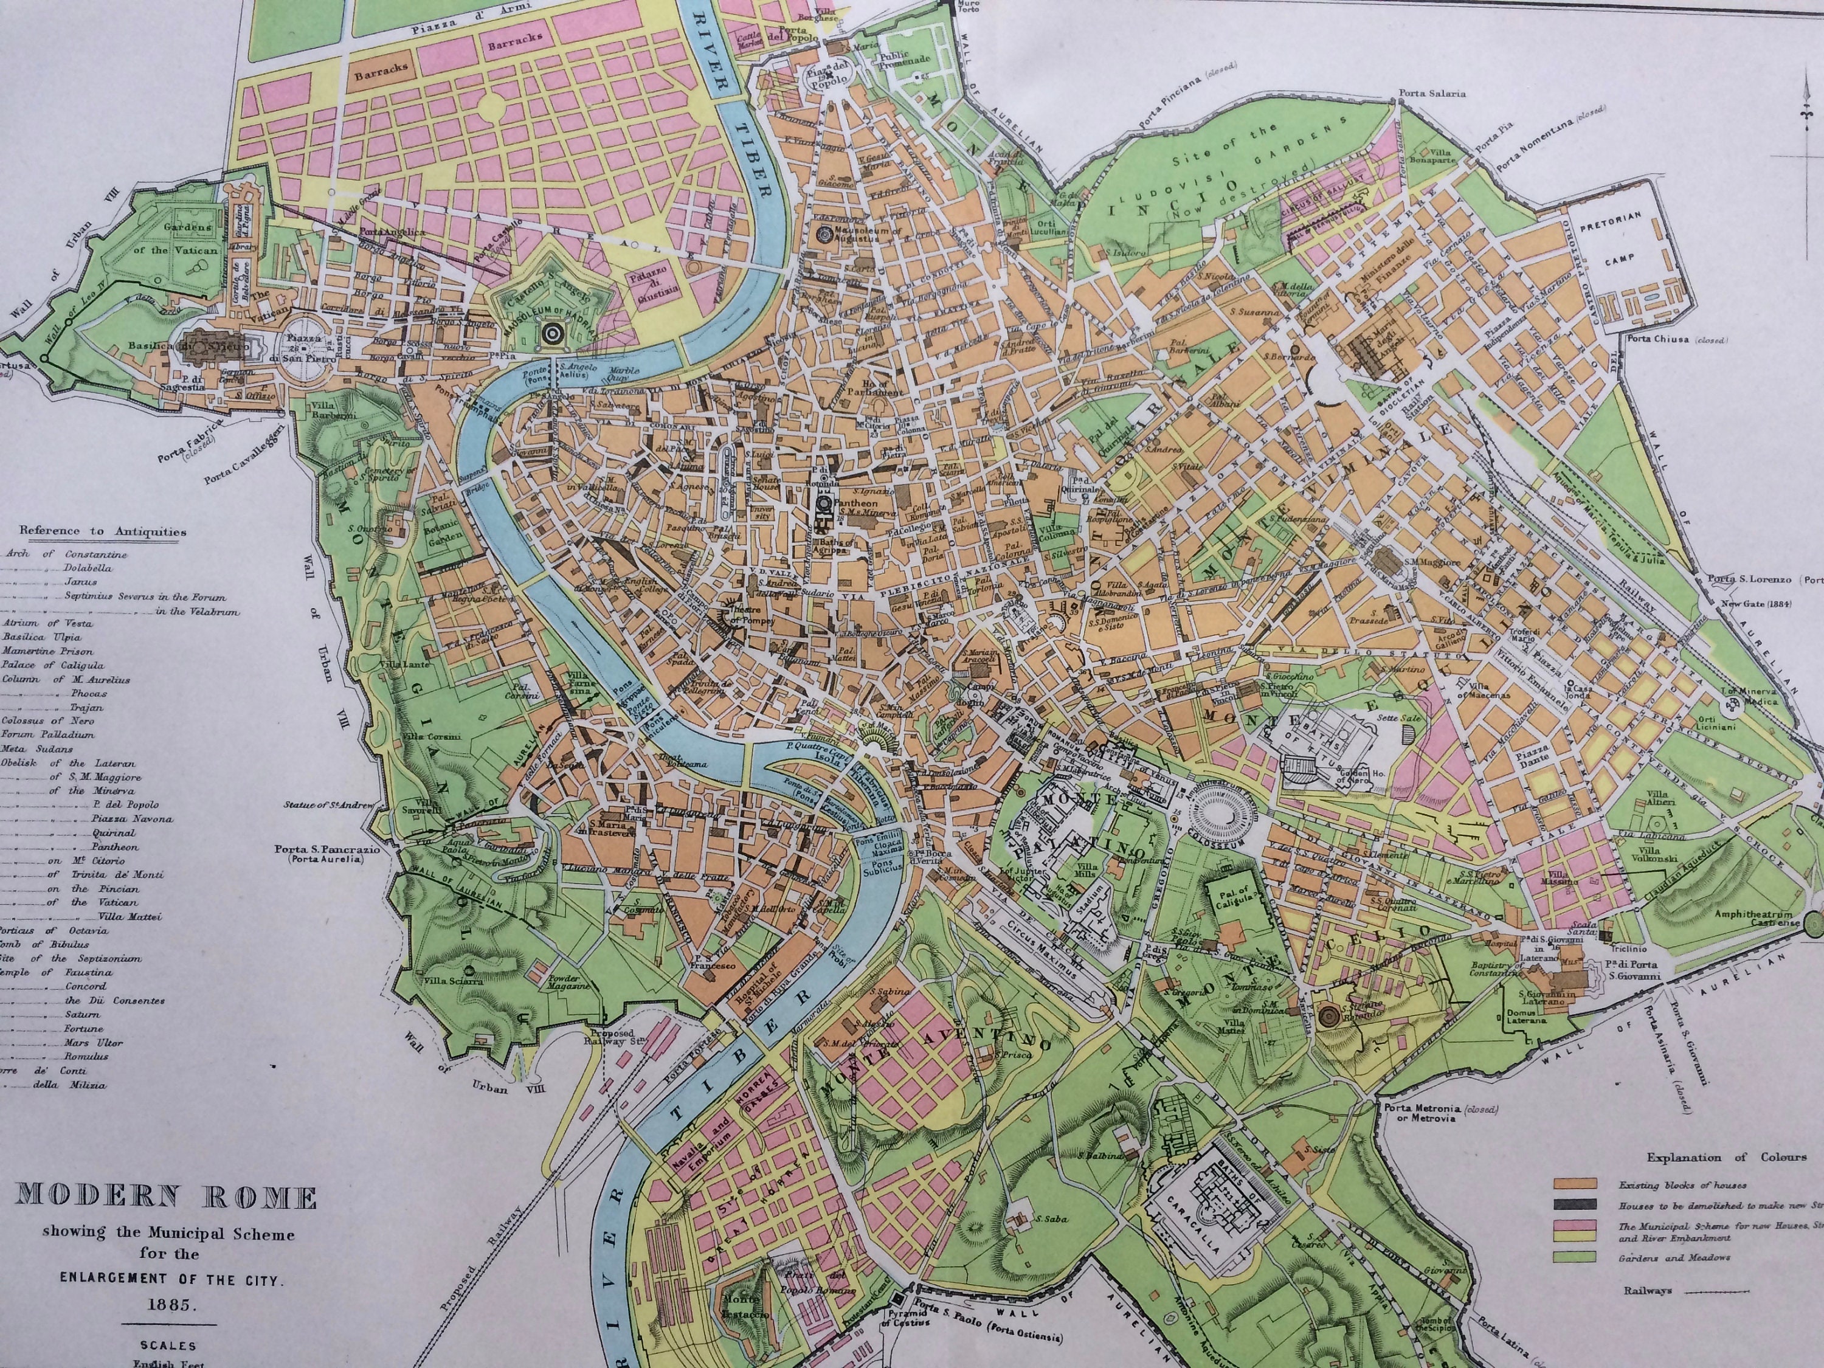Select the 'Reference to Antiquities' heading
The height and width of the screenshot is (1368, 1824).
104,533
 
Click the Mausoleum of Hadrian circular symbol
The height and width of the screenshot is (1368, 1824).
551,334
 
